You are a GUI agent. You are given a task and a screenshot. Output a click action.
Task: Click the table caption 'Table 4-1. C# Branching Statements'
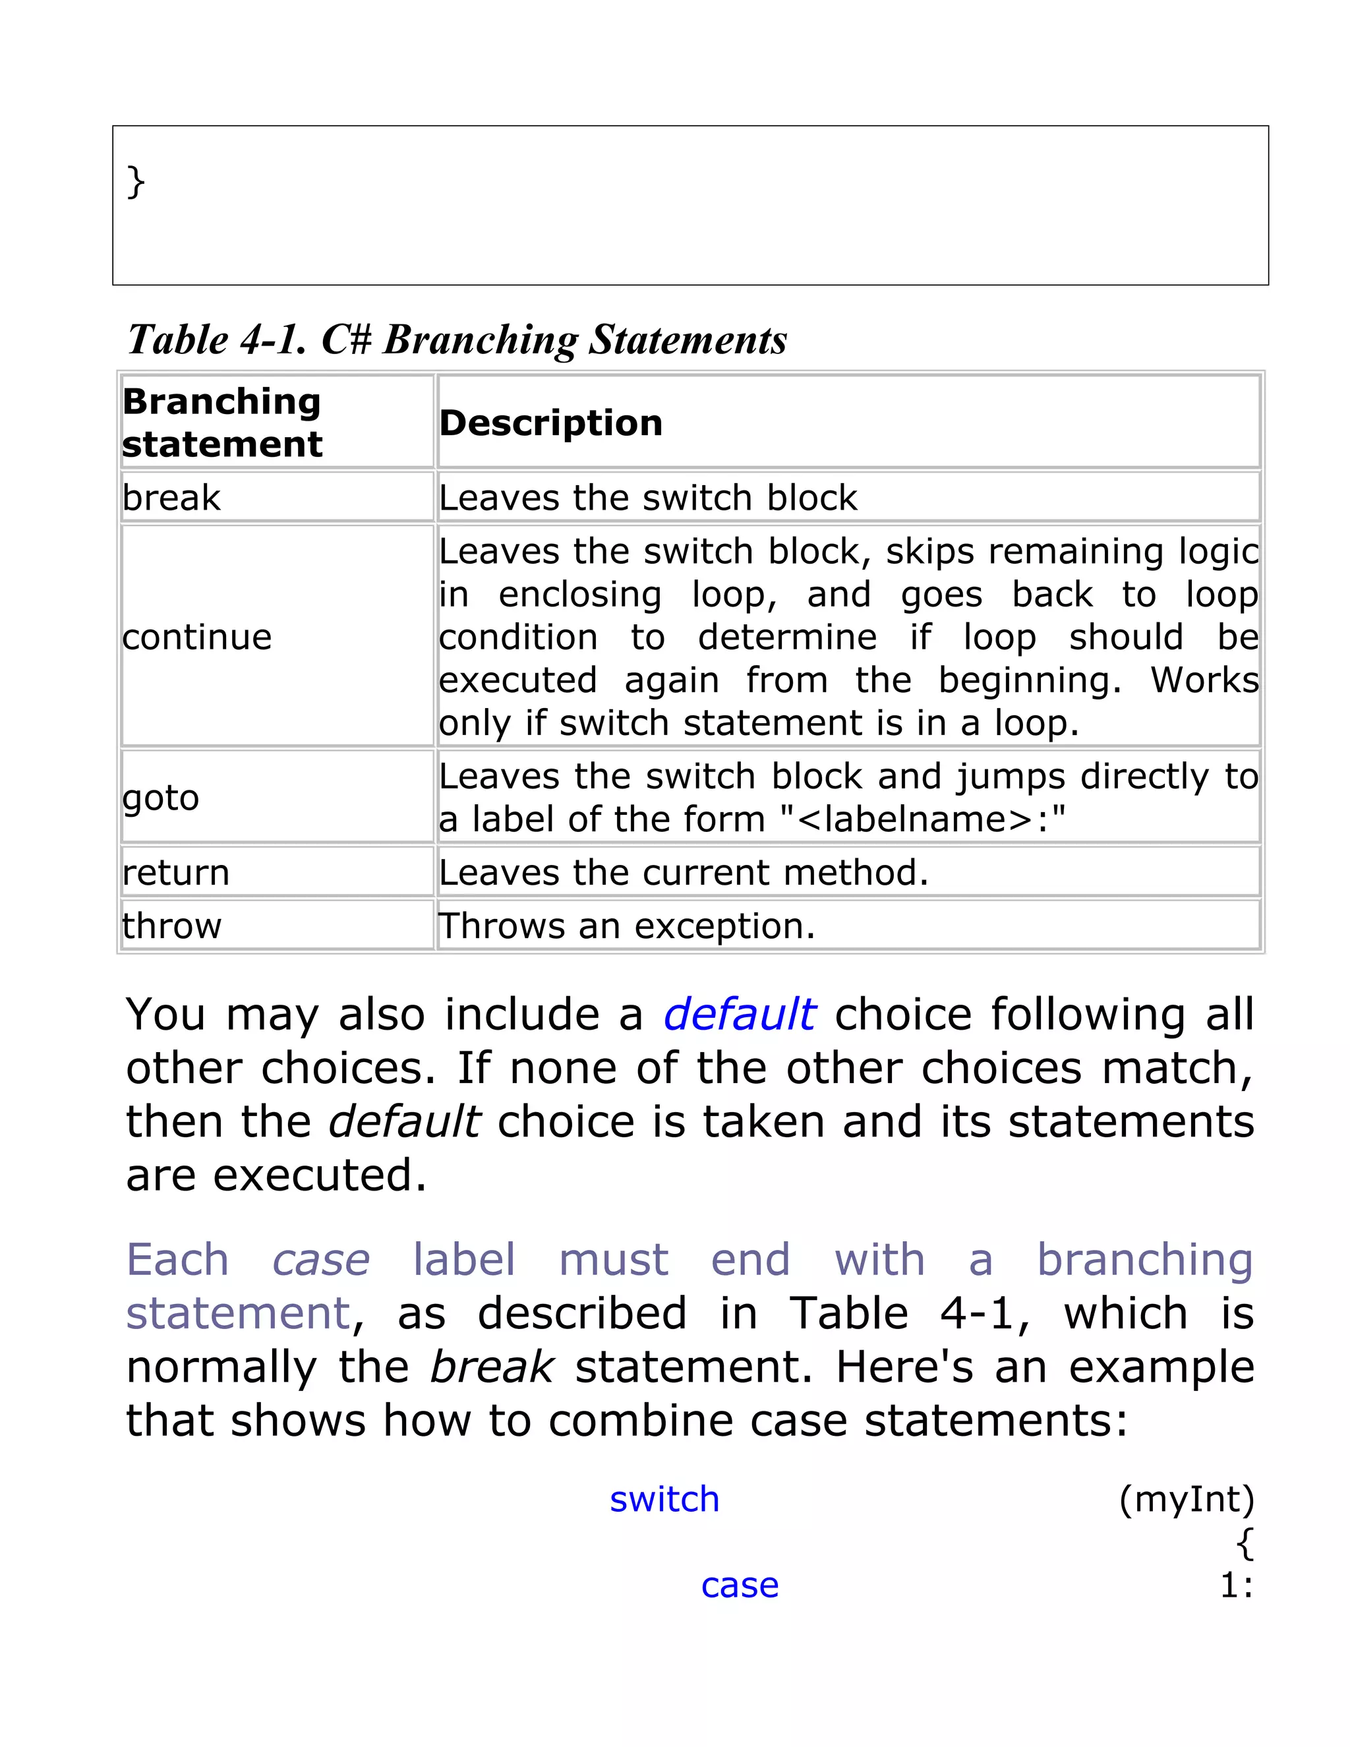click(457, 340)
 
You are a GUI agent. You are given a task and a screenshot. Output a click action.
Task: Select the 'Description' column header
click(551, 423)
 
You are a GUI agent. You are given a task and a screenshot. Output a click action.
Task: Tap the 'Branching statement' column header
click(222, 423)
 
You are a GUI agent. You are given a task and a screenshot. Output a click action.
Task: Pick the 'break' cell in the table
click(171, 498)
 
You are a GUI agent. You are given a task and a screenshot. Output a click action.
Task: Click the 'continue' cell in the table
click(198, 637)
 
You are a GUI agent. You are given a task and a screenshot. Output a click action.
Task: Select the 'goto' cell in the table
click(161, 798)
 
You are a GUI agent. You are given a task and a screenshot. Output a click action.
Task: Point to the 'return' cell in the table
click(176, 872)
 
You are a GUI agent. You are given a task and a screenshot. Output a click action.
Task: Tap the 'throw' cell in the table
click(172, 926)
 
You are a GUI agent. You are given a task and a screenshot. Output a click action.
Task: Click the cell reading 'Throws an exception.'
click(627, 926)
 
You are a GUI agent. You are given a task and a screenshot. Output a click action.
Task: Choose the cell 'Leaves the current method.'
click(684, 872)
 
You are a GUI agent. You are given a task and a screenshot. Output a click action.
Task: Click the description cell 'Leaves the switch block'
click(648, 498)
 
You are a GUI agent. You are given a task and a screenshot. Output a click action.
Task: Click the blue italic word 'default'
click(739, 1015)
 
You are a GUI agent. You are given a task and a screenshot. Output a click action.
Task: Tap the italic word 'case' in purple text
click(321, 1260)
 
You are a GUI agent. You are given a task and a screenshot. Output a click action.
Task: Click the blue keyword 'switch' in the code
click(664, 1499)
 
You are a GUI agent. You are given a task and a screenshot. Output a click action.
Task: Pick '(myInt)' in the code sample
click(1187, 1499)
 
